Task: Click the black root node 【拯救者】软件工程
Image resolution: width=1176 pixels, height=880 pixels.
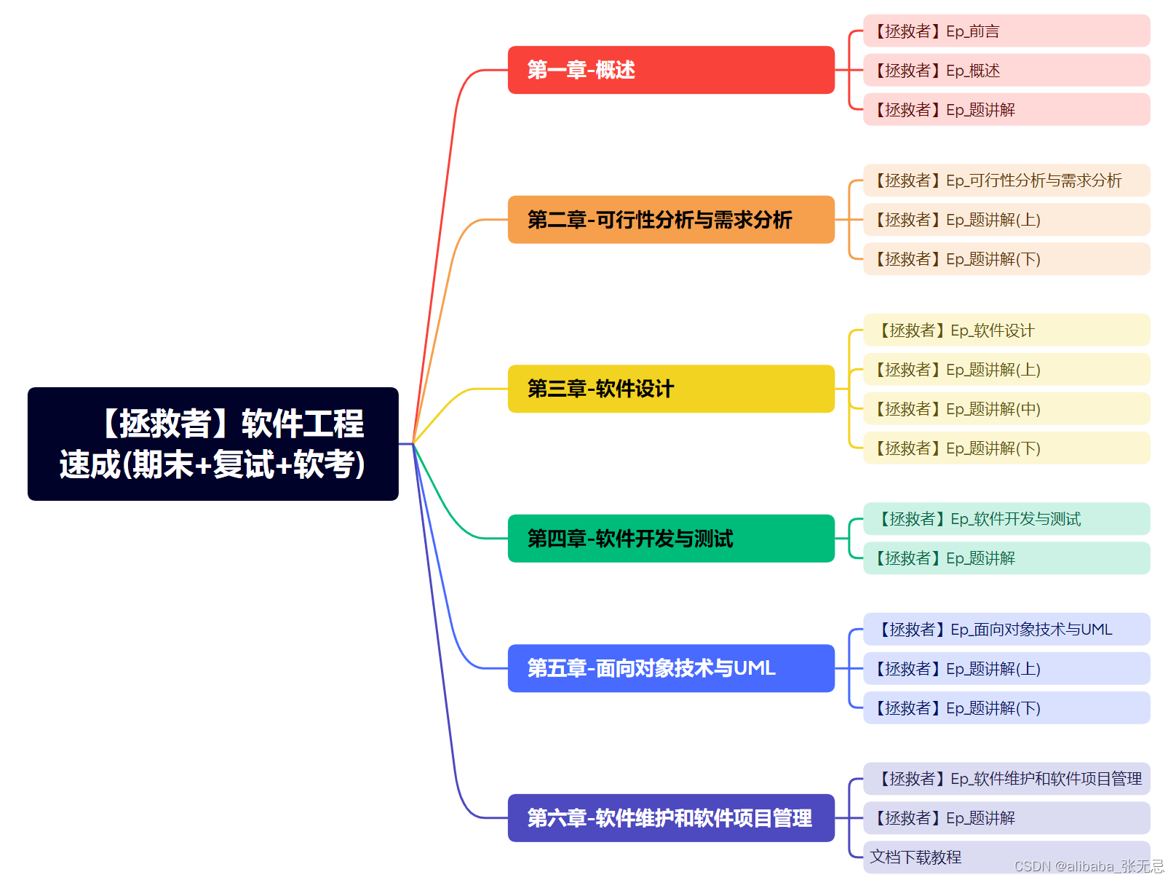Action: pos(212,443)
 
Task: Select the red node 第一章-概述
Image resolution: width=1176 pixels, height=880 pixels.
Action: pos(670,70)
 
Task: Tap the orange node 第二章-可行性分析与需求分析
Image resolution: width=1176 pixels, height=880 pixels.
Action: pos(670,220)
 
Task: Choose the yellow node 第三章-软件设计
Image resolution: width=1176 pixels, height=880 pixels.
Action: pos(670,389)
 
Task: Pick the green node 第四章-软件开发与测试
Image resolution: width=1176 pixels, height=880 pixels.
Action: pos(670,539)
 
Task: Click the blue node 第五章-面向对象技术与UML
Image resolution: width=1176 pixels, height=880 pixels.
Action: pos(670,668)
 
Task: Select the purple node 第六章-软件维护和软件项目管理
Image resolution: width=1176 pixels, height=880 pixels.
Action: pos(670,818)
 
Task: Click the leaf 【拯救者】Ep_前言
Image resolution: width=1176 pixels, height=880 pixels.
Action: pos(1006,31)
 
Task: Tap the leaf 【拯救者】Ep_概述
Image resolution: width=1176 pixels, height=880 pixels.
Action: pos(1006,71)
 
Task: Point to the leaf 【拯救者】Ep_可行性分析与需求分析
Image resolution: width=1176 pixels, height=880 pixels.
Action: pos(1006,181)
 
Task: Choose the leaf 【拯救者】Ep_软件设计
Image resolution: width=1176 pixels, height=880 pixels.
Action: pos(1006,330)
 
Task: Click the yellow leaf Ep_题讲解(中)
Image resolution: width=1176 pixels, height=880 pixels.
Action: pos(1006,409)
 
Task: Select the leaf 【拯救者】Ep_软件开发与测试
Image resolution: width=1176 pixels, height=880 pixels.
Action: pos(1006,519)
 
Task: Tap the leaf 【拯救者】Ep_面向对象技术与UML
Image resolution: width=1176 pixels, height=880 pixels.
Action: pos(1006,630)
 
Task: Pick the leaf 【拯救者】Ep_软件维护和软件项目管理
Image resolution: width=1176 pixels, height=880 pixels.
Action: pos(1006,779)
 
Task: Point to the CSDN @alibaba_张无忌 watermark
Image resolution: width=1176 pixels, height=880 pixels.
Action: pos(1089,866)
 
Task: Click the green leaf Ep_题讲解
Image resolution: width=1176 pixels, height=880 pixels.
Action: pos(1006,558)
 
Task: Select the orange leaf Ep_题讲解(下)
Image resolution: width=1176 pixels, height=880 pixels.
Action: pos(1006,259)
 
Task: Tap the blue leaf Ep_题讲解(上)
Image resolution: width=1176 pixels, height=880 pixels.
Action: pos(1006,669)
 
